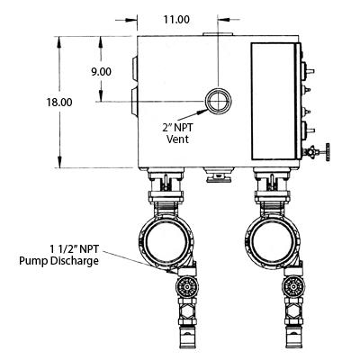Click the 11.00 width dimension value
tap(176, 20)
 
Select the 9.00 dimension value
tap(101, 72)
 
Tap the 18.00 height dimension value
tap(59, 103)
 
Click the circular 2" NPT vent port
tap(219, 101)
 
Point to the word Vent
tap(177, 139)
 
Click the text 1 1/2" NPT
tap(75, 249)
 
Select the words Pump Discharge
tap(58, 261)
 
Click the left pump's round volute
tap(166, 241)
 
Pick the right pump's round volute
tap(273, 241)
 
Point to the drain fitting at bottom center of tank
tap(218, 175)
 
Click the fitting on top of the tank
tap(218, 34)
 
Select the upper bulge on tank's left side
tap(134, 69)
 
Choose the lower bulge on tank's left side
tap(134, 101)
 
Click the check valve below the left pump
tap(187, 287)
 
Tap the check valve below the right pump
tap(293, 287)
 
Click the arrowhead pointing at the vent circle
tap(202, 112)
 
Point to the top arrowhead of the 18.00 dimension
tap(59, 41)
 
